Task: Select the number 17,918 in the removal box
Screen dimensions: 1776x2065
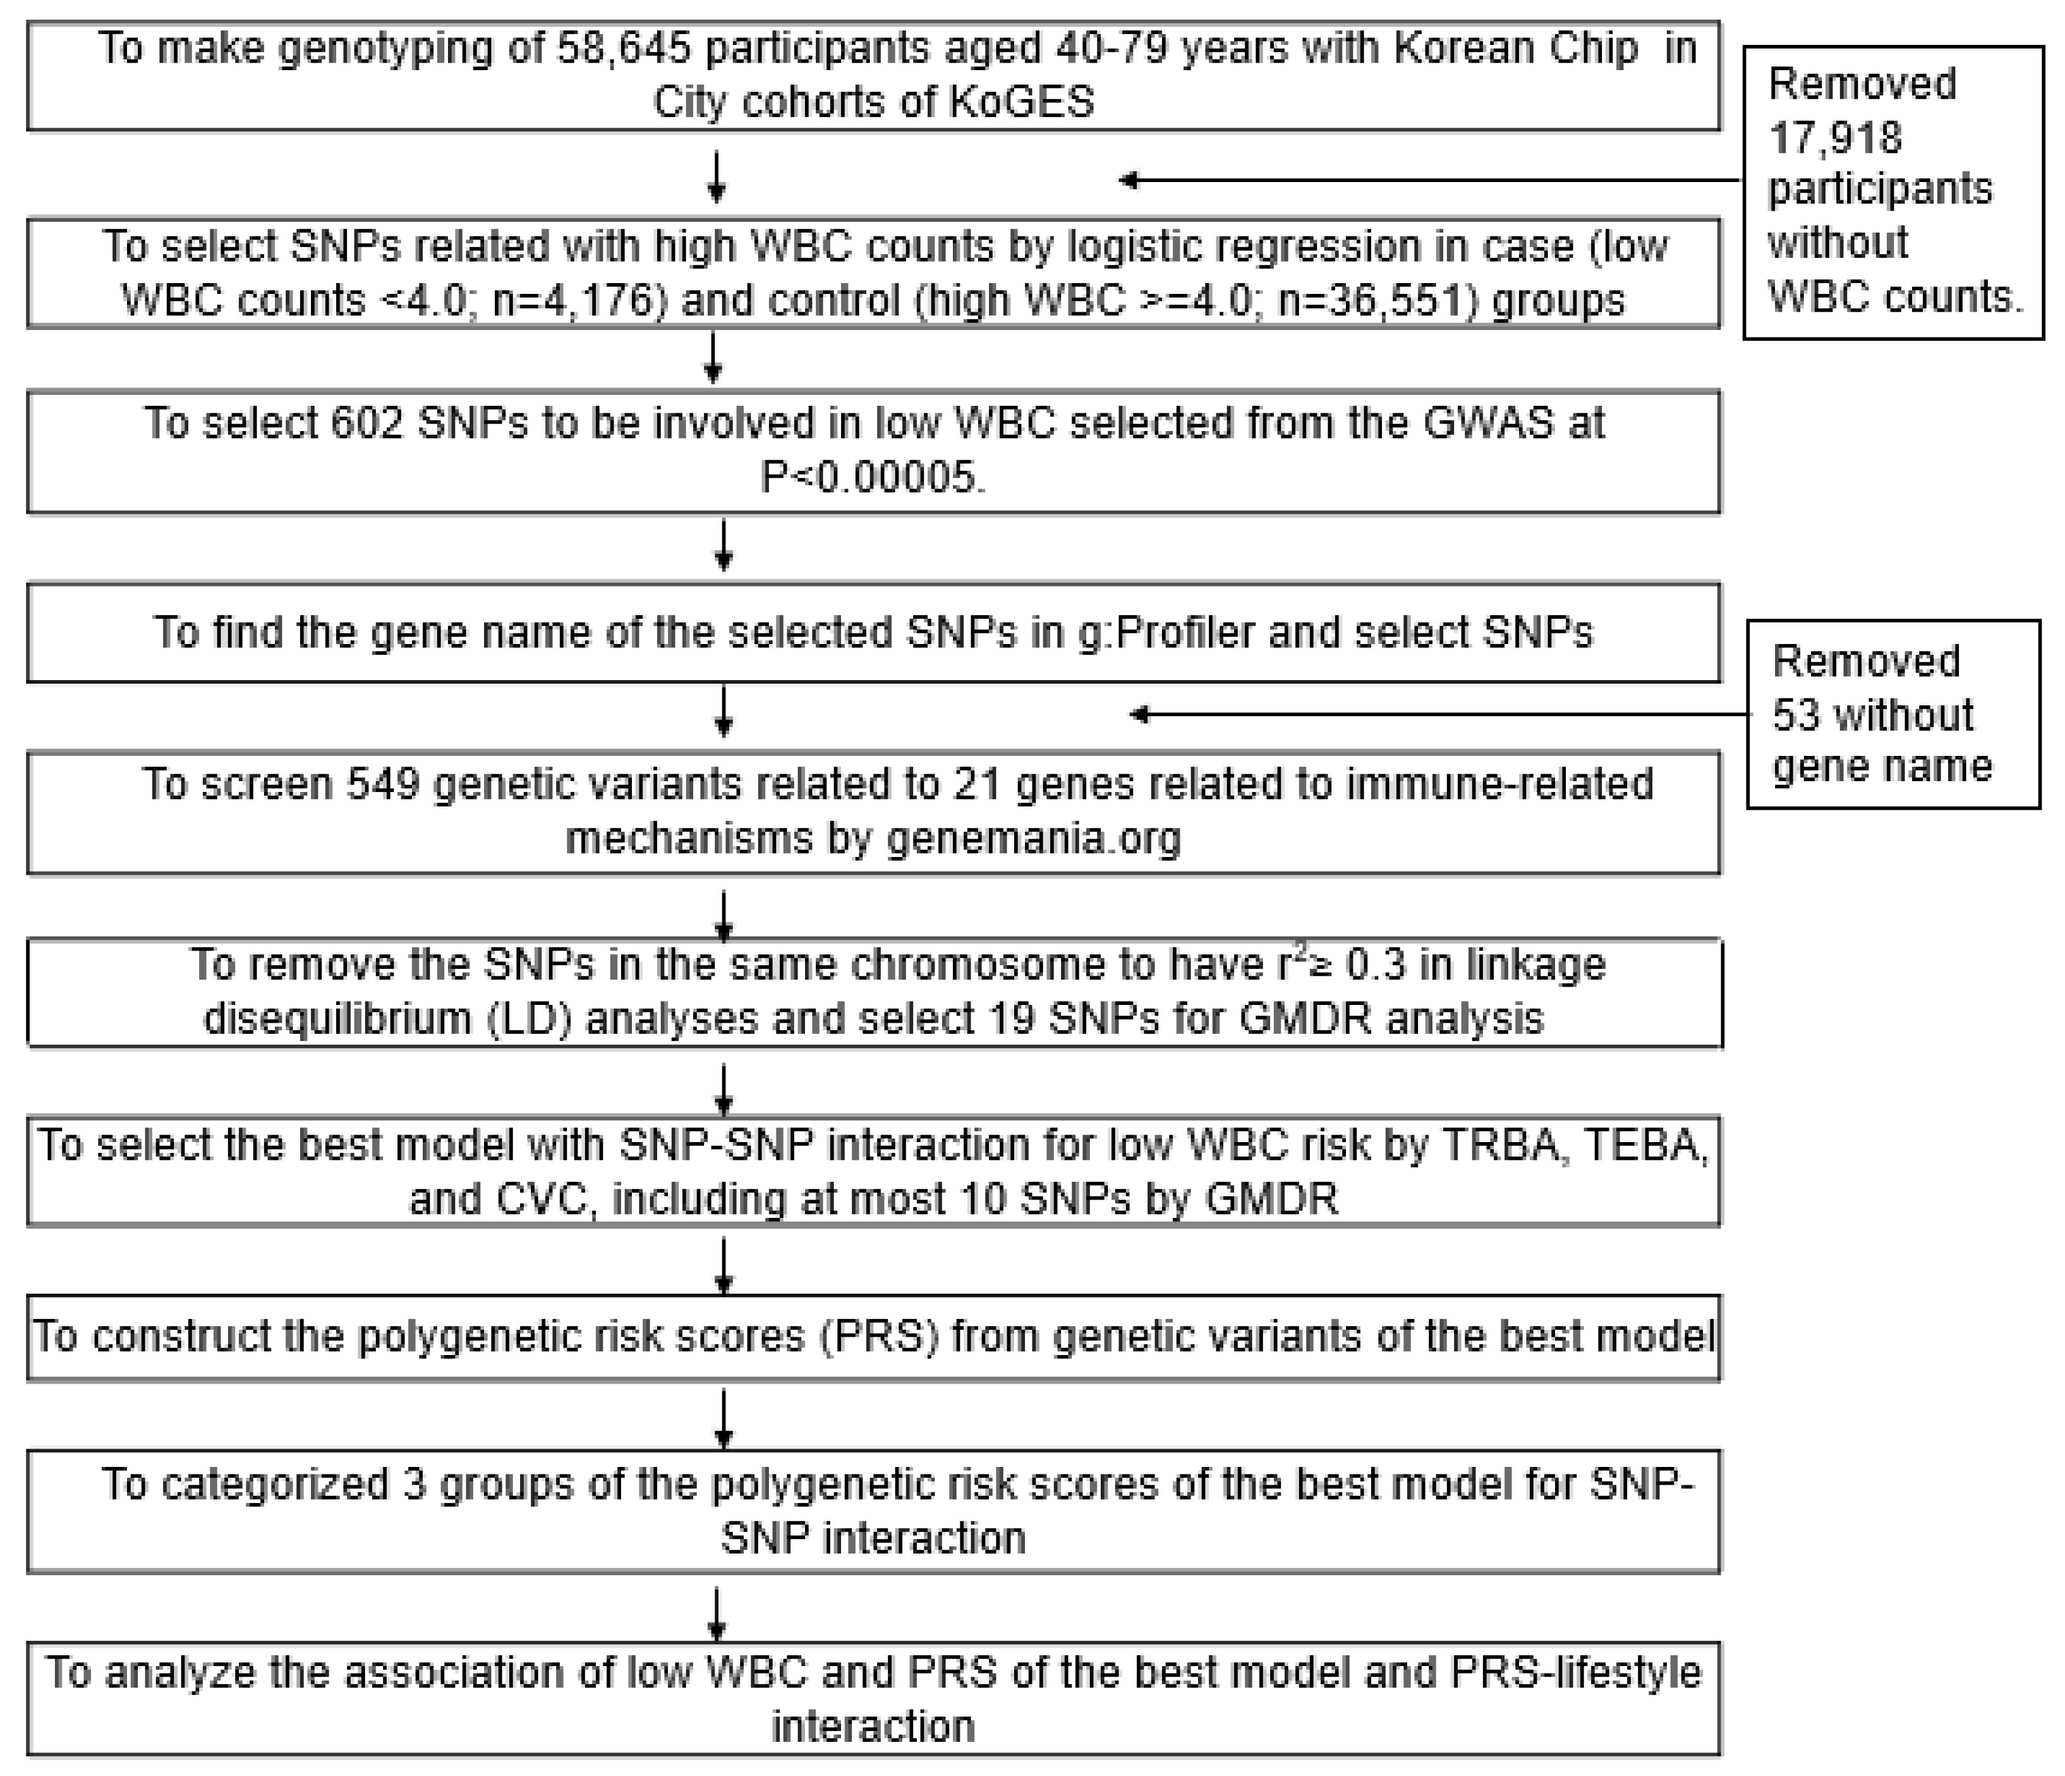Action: coord(1835,137)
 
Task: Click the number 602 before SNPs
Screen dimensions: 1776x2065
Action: coord(366,423)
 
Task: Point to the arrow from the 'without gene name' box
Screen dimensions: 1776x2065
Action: coord(1440,714)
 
